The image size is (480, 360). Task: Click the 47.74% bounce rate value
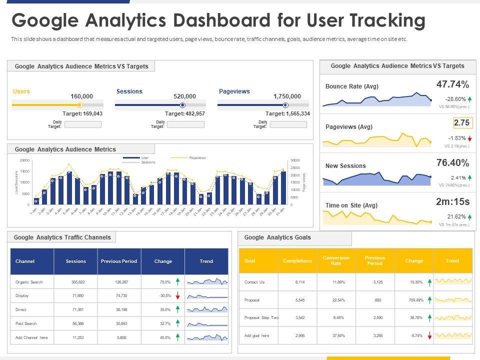coord(452,84)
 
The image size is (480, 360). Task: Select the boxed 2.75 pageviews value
coord(462,123)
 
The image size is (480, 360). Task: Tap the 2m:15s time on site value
coord(452,201)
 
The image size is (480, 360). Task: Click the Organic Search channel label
coord(29,282)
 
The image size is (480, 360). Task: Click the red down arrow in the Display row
coord(177,296)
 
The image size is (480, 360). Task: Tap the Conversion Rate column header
coord(336,260)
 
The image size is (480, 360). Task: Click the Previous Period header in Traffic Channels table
coord(119,261)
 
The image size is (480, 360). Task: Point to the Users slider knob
coord(80,105)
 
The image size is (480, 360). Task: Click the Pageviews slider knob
coord(285,105)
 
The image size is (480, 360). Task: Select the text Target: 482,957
coord(185,114)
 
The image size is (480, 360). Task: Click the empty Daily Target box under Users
coord(83,124)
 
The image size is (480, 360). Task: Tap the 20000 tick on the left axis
coord(24,160)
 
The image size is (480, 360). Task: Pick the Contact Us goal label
coord(254,282)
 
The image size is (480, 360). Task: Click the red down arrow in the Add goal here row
coord(429,336)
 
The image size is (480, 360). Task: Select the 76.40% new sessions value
coord(452,162)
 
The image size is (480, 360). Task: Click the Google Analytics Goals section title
coord(277,237)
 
